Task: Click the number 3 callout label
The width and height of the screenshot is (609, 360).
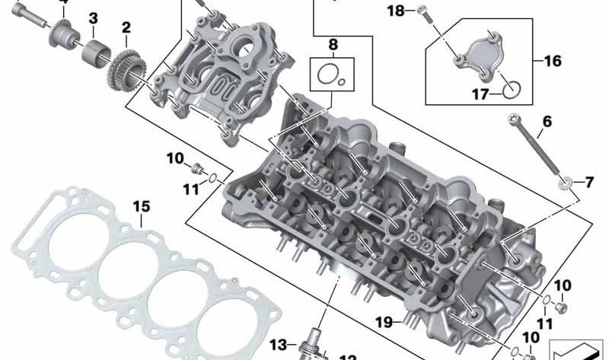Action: tap(93, 18)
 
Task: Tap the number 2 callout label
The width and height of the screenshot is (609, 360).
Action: tap(126, 28)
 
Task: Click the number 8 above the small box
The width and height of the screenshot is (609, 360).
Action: tap(332, 43)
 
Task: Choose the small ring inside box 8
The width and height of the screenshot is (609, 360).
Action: tap(343, 80)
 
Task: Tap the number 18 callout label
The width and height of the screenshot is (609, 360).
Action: tap(396, 11)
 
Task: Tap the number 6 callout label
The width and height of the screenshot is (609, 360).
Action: tap(547, 122)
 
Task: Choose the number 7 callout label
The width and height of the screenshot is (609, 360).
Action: tap(588, 182)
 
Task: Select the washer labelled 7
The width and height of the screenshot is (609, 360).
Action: tap(566, 182)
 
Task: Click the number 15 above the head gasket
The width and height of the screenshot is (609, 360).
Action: tap(142, 206)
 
